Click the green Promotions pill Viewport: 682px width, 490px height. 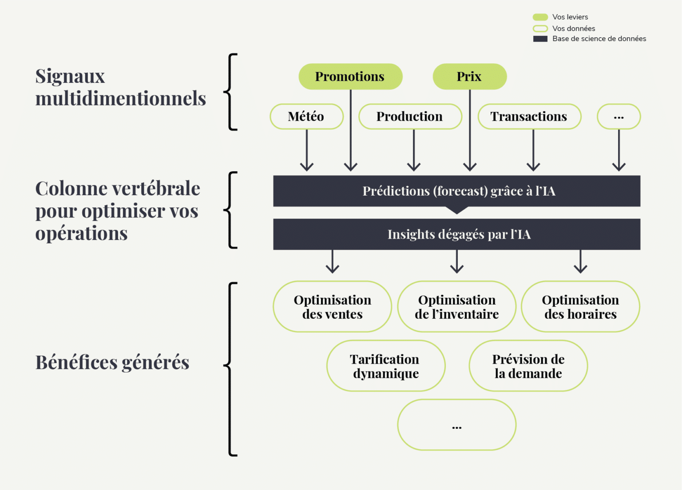point(350,77)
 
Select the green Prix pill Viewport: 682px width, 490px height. point(469,77)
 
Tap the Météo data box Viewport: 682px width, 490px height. point(306,117)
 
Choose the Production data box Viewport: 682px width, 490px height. point(410,117)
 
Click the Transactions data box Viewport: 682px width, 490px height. point(529,117)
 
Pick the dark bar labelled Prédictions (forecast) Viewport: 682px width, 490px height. point(456,191)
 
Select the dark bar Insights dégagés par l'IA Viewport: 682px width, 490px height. point(456,234)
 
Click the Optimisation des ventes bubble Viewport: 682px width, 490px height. point(332,307)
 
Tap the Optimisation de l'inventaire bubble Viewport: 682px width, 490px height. point(456,307)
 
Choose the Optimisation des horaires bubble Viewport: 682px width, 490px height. point(580,307)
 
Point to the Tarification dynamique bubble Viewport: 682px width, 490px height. point(386,366)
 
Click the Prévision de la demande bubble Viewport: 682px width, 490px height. point(528,366)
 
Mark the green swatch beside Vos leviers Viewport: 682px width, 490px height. point(540,17)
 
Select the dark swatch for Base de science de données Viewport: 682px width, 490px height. point(540,39)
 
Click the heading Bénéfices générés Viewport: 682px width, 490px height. point(112,362)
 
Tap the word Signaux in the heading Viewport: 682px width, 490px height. point(70,76)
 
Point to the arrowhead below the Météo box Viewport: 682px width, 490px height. point(307,167)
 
